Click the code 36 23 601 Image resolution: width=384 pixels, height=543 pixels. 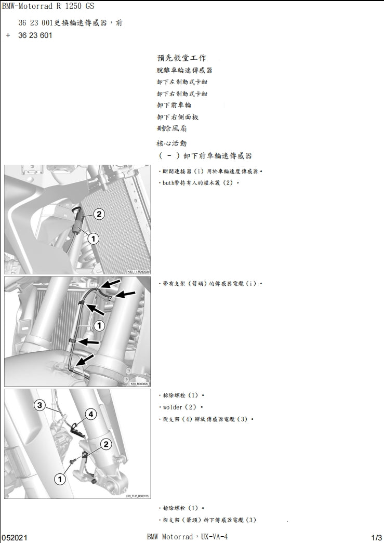[35, 36]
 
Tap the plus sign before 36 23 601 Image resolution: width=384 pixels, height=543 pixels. [8, 36]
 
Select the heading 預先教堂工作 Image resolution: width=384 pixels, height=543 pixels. [181, 58]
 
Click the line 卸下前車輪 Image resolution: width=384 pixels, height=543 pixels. [174, 105]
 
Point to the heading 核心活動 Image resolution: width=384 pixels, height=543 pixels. [171, 143]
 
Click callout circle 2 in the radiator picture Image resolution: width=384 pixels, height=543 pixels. [99, 214]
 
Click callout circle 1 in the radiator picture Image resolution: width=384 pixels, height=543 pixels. [92, 239]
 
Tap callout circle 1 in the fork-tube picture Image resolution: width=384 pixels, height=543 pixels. [99, 326]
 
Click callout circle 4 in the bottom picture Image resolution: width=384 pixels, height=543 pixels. [90, 414]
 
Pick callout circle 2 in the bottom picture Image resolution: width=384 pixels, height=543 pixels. [105, 444]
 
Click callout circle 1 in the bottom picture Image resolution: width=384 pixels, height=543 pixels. [60, 479]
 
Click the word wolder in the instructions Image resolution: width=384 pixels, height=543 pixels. [173, 407]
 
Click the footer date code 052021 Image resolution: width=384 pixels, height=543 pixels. [15, 537]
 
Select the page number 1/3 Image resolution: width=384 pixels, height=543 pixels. [377, 537]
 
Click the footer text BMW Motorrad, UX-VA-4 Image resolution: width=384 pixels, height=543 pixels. [187, 537]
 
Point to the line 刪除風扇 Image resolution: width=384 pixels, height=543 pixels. [172, 128]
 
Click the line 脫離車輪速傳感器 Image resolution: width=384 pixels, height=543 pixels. [184, 70]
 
